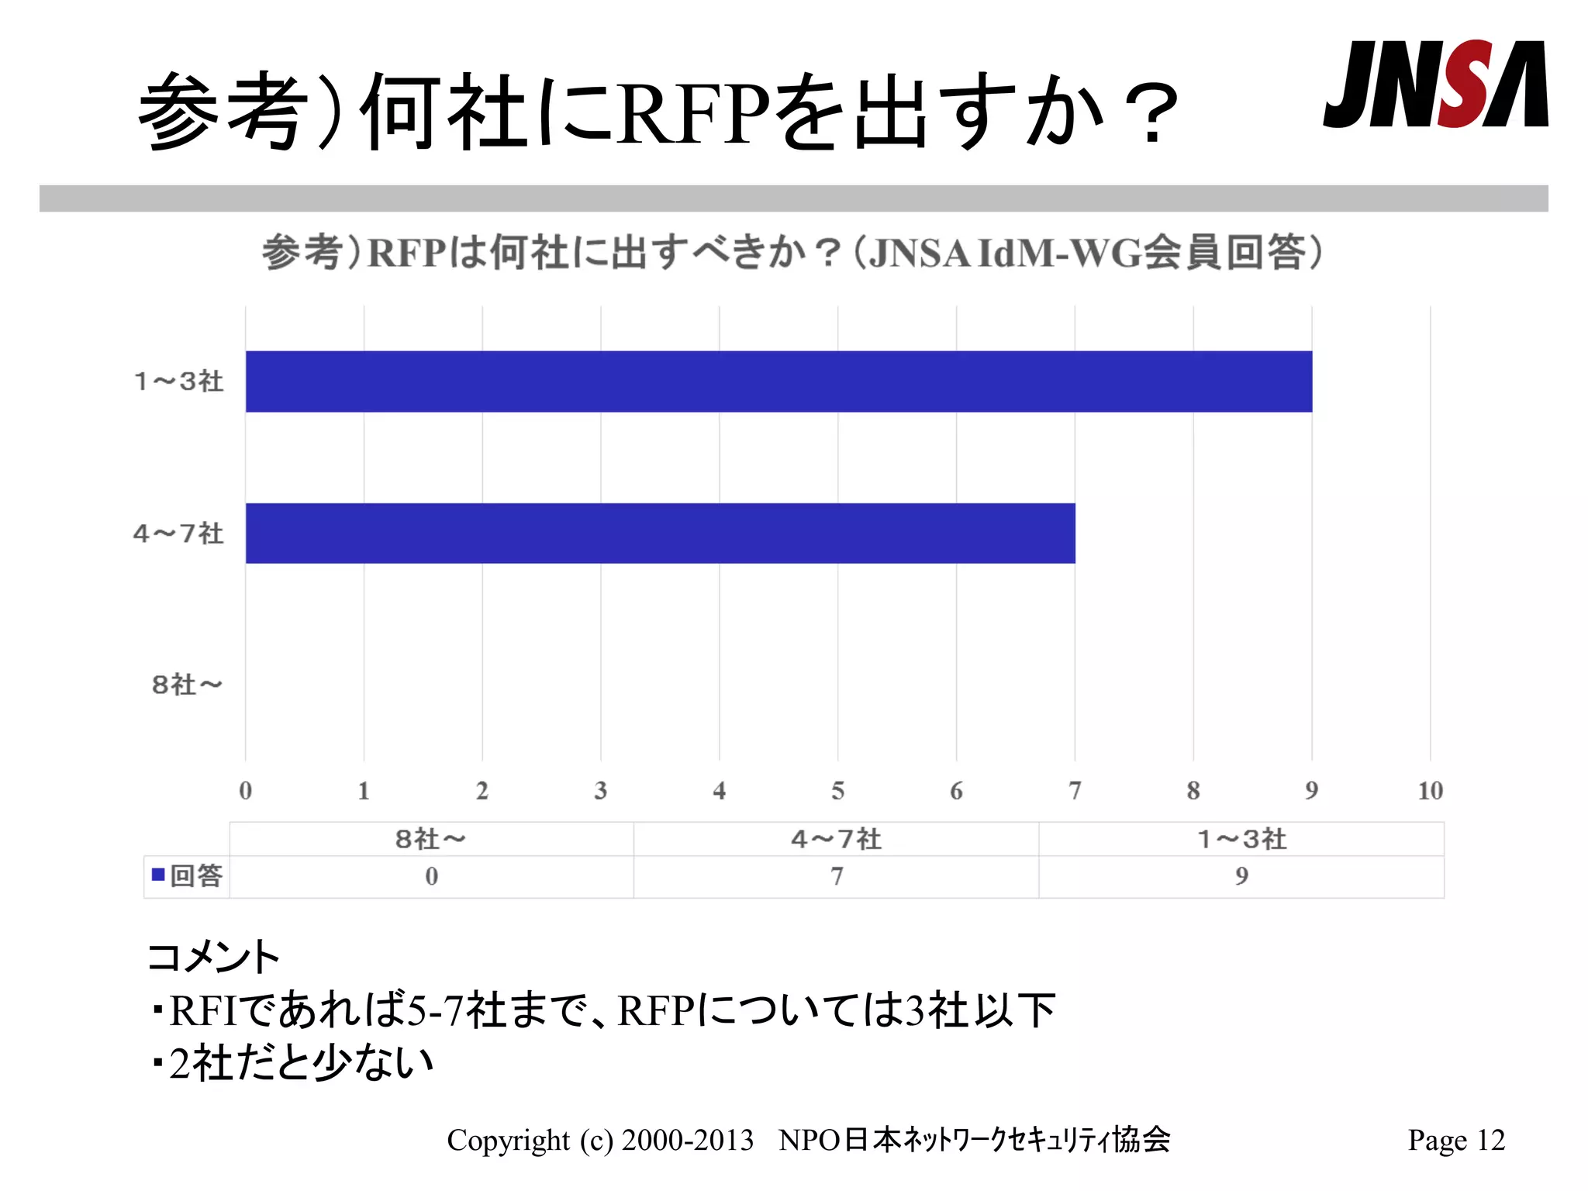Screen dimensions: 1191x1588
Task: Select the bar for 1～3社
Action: pyautogui.click(x=778, y=381)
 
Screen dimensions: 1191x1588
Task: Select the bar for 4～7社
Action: pyautogui.click(x=660, y=533)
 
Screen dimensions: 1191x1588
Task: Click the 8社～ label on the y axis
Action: pyautogui.click(x=187, y=685)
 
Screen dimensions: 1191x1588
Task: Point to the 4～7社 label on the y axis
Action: pyautogui.click(x=178, y=533)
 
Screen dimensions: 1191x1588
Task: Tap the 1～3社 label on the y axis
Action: pyautogui.click(x=179, y=381)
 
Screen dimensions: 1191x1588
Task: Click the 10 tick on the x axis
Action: pyautogui.click(x=1430, y=791)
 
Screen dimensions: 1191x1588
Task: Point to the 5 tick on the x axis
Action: pyautogui.click(x=837, y=791)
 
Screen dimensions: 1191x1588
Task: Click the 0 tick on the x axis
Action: pyautogui.click(x=246, y=791)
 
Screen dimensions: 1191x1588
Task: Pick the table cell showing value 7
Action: pyautogui.click(x=837, y=876)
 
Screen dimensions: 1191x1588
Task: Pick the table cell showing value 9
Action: pyautogui.click(x=1241, y=876)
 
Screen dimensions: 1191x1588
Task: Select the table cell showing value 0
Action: pyautogui.click(x=432, y=876)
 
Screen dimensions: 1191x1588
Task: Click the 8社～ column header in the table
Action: pyautogui.click(x=431, y=839)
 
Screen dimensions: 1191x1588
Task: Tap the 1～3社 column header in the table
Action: pyautogui.click(x=1241, y=839)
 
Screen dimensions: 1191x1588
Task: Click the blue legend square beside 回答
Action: pyautogui.click(x=158, y=875)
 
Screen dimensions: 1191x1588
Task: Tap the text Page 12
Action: pyautogui.click(x=1455, y=1141)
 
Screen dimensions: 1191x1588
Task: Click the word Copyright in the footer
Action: pyautogui.click(x=508, y=1141)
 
